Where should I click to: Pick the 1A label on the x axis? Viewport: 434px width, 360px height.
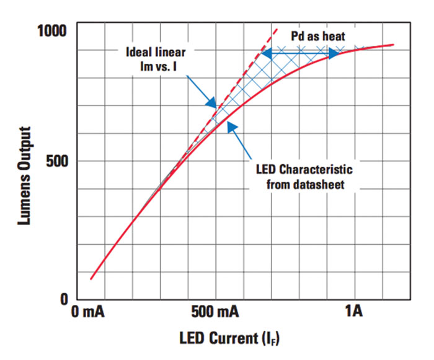tap(353, 311)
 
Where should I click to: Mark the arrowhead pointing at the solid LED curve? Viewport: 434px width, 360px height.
tap(231, 126)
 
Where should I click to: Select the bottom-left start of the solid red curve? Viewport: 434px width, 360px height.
tap(91, 279)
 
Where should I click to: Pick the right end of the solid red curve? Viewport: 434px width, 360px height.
tap(393, 45)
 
